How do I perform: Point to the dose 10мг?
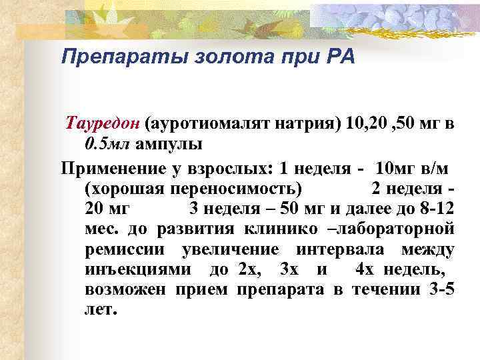point(395,166)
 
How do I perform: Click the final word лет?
point(101,310)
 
